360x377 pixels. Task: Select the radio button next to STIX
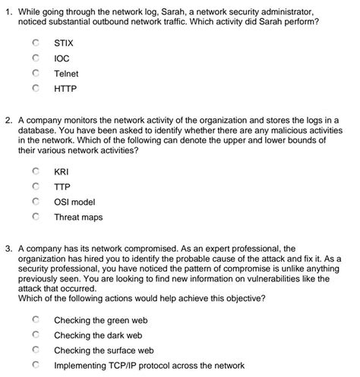[35, 44]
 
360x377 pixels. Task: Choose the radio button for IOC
[35, 58]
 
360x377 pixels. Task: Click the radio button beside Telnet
[35, 74]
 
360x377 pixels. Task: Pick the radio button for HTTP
[35, 88]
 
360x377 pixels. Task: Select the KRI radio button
[35, 172]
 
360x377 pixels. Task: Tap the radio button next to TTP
[35, 187]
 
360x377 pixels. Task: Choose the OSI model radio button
[35, 202]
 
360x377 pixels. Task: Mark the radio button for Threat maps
[35, 217]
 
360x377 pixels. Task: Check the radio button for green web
[35, 320]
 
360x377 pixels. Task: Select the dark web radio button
[35, 335]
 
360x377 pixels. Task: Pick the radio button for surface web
[35, 350]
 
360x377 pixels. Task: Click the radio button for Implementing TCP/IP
[35, 365]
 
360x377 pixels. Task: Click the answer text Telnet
[66, 74]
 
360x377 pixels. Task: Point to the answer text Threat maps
[77, 217]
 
